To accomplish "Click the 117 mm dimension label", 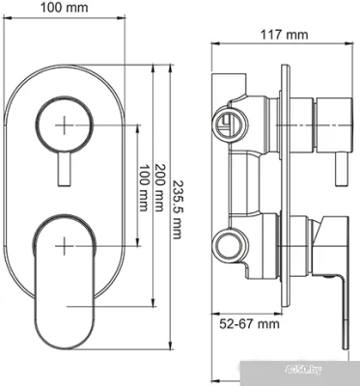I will pos(283,36).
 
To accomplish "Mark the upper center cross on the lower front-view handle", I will pos(64,242).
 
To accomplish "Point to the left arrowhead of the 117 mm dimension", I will pos(215,46).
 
